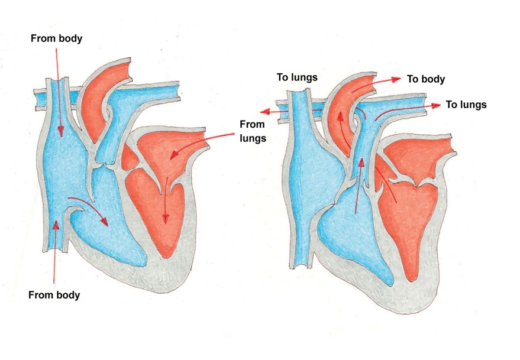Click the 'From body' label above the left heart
[56, 38]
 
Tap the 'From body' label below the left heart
[54, 295]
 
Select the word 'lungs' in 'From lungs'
[253, 138]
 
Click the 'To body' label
[426, 79]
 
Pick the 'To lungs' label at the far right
[466, 105]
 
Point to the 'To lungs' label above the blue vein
[297, 77]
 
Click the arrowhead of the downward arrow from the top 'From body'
[60, 132]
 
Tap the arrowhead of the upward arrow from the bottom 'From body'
[56, 225]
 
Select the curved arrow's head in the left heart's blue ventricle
[104, 221]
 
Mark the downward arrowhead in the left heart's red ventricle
[165, 218]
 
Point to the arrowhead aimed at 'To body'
[396, 80]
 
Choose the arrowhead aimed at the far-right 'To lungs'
[436, 105]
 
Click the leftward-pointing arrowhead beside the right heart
[265, 112]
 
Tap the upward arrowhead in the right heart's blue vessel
[361, 162]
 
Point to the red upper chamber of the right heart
[419, 156]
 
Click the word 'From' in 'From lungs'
[252, 125]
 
